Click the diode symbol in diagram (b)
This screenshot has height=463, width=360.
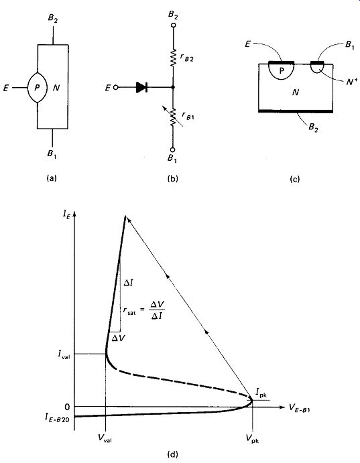pyautogui.click(x=141, y=87)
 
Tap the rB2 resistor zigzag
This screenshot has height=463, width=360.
pyautogui.click(x=174, y=58)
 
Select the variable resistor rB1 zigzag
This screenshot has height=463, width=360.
pyautogui.click(x=174, y=117)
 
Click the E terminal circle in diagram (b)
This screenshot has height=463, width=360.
pyautogui.click(x=117, y=87)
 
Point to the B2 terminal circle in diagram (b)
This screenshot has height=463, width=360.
pyautogui.click(x=174, y=25)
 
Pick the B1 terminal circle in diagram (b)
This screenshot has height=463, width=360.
pyautogui.click(x=173, y=150)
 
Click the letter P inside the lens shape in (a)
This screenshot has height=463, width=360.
pyautogui.click(x=37, y=88)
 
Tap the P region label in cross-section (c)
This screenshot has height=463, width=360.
pyautogui.click(x=282, y=71)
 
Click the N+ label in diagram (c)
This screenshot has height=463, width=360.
pyautogui.click(x=351, y=82)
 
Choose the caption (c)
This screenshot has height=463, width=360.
pyautogui.click(x=295, y=179)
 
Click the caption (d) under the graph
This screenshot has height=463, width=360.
pyautogui.click(x=173, y=454)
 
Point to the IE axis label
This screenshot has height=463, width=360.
pyautogui.click(x=66, y=215)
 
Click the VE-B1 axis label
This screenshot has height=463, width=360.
pyautogui.click(x=299, y=408)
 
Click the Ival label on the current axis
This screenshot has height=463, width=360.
pyautogui.click(x=64, y=354)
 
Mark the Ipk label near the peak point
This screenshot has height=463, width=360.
pyautogui.click(x=261, y=393)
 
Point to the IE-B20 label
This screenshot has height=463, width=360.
pyautogui.click(x=57, y=417)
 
